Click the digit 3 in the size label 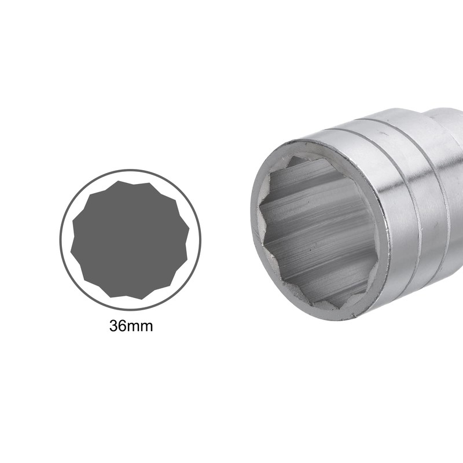(113, 326)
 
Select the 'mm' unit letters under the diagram (141, 327)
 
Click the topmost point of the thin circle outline (130, 170)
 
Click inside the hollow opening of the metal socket (315, 231)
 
